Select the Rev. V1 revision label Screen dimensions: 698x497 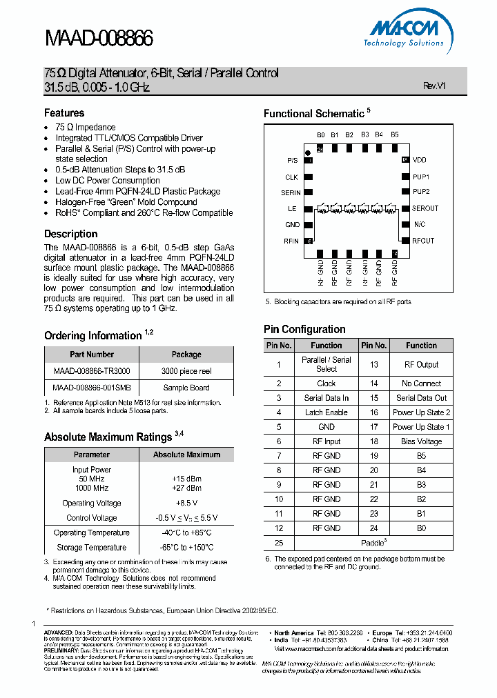coord(434,86)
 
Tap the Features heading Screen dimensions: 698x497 coord(64,112)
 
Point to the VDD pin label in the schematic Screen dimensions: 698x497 coord(420,160)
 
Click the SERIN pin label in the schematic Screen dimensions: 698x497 coord(291,193)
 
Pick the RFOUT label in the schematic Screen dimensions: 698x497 coord(423,241)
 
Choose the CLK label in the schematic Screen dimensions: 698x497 coord(292,177)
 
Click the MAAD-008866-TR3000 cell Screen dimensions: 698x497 coord(91,370)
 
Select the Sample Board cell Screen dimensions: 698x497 coord(186,388)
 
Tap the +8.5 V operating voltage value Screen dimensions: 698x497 coord(186,503)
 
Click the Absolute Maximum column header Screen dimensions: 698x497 coord(186,455)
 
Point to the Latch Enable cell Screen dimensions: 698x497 coord(327,412)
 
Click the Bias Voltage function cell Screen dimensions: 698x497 coord(421,441)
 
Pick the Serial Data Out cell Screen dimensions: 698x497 coord(421,398)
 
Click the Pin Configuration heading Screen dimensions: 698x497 coord(304,329)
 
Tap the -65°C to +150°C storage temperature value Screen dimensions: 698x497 coord(186,548)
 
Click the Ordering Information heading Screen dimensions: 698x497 coord(92,336)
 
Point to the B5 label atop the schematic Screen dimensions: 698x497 coord(394,135)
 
